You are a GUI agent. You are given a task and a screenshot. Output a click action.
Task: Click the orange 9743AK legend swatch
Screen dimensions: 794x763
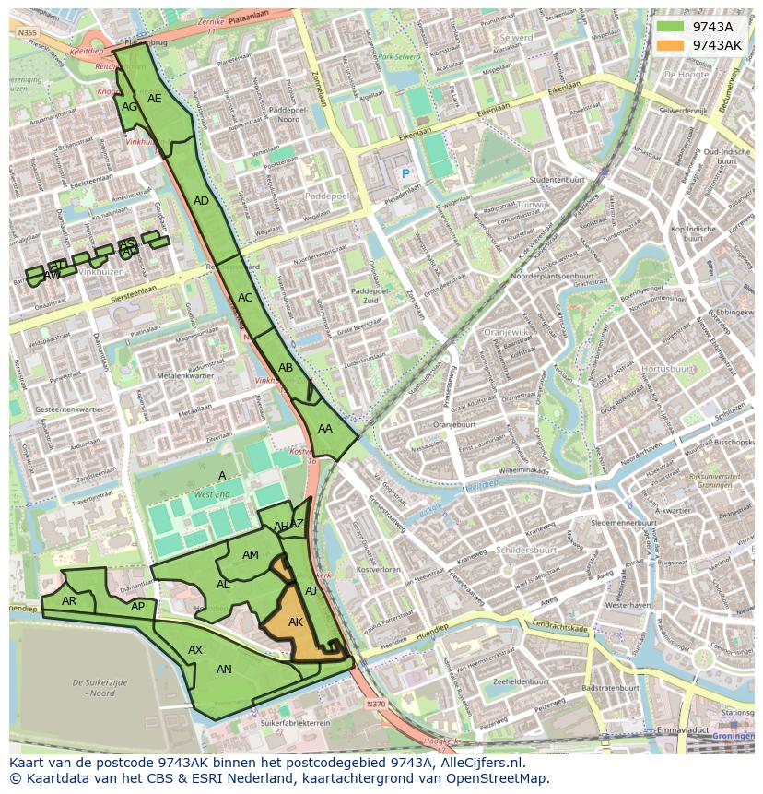point(670,45)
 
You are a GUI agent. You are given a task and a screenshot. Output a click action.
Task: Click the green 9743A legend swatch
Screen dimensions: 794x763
point(670,27)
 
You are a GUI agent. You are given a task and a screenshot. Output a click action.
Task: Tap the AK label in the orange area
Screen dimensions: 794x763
point(296,622)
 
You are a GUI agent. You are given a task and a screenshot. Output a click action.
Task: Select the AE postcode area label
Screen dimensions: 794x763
point(155,99)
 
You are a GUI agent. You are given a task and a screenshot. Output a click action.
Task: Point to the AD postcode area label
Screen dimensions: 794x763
point(201,201)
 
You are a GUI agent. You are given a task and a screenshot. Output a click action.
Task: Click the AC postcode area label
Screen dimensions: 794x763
point(245,298)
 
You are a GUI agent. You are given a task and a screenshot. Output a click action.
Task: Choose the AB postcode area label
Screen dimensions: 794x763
point(286,368)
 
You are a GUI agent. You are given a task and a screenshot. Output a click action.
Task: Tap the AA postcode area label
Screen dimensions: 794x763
point(325,429)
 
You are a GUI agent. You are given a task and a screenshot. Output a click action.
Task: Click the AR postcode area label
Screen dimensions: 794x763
point(69,601)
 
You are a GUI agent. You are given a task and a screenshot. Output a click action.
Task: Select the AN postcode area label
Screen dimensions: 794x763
point(224,670)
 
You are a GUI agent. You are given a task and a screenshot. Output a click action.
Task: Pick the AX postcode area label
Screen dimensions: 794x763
point(195,650)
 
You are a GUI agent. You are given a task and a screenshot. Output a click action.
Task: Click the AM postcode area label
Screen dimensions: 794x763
point(251,555)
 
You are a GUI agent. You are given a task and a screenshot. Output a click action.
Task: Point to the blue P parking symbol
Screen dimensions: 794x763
point(404,173)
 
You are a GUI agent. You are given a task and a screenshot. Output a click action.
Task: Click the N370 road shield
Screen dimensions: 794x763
point(375,704)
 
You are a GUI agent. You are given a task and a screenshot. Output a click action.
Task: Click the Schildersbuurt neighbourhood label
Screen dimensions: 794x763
point(526,550)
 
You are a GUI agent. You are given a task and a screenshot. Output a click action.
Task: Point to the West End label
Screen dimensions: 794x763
point(212,495)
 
